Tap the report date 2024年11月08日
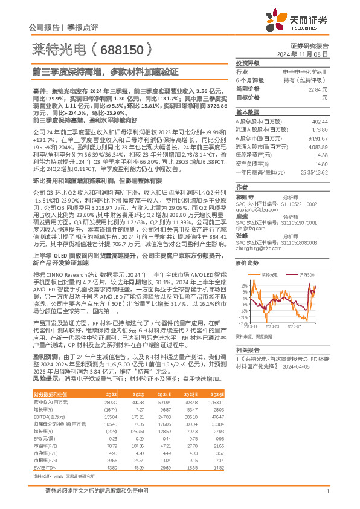[308, 54]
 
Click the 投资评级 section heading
[247, 63]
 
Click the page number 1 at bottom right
[327, 491]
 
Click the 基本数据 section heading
[247, 112]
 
